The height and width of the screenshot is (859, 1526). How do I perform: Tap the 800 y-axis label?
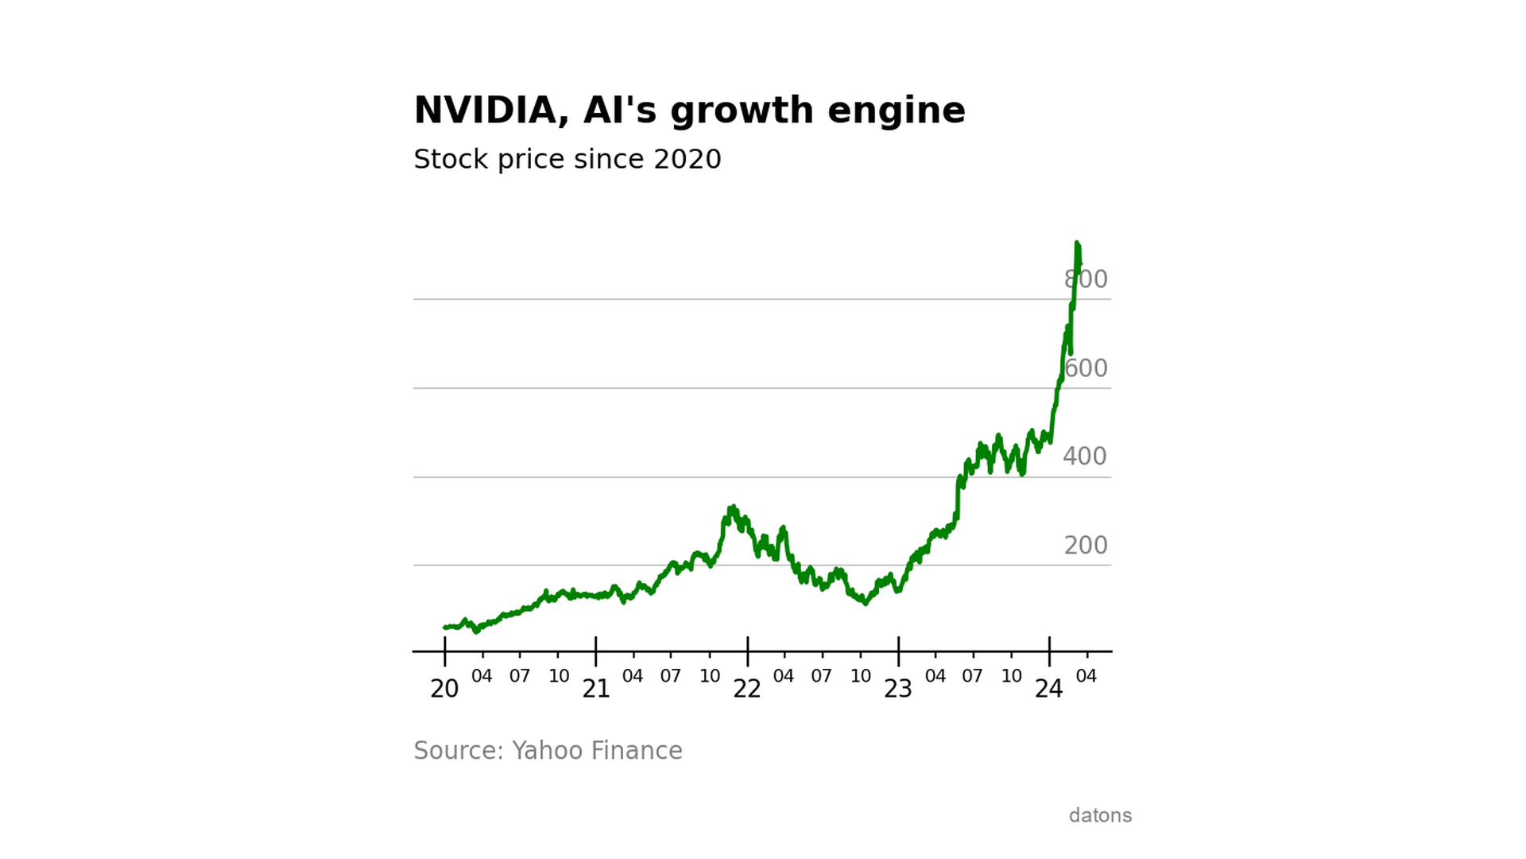pos(1086,279)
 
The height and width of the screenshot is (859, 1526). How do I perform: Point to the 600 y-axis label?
pos(1086,368)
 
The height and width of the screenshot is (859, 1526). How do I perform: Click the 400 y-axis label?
pos(1085,457)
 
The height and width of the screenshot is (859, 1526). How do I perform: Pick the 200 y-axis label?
pos(1086,546)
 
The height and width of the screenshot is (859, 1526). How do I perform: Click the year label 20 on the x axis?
pos(444,689)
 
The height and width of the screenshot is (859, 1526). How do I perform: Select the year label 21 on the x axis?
pos(596,689)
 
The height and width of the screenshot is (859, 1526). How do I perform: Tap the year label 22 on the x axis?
pos(747,689)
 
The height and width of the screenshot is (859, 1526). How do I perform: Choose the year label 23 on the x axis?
pos(898,689)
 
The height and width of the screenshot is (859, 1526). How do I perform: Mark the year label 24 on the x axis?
pos(1049,689)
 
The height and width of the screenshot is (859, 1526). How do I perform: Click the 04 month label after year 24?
pos(1086,676)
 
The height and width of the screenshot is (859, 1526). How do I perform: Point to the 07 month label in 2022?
pos(822,676)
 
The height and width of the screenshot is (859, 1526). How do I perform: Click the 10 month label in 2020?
pos(559,676)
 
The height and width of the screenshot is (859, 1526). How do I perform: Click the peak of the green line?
pos(1077,243)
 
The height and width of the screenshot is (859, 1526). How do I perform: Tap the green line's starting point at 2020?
pos(445,628)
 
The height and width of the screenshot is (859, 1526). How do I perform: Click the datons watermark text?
pos(1100,815)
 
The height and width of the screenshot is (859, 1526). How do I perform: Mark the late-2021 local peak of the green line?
pos(732,507)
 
